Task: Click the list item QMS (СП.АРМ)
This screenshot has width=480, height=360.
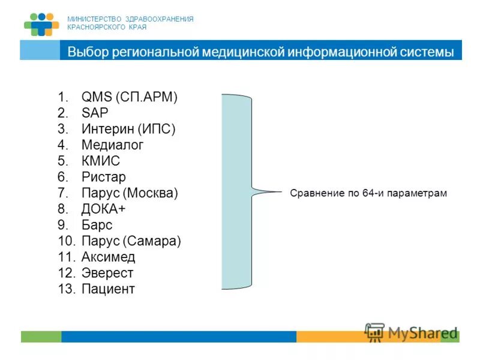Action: point(130,97)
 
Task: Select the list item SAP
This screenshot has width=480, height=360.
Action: point(95,113)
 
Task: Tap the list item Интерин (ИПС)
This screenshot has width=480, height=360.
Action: point(128,129)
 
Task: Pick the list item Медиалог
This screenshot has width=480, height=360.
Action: point(112,145)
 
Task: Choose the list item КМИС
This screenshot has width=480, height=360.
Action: point(101,161)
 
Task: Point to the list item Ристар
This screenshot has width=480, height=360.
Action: point(104,177)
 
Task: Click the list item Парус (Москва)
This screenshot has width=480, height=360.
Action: point(130,193)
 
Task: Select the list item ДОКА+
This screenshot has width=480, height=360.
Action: point(104,209)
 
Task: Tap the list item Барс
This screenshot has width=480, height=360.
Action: point(97,225)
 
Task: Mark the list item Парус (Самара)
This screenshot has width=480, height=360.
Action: point(131,241)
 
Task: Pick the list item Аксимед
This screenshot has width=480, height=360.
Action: point(108,257)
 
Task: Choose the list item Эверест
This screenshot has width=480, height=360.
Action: point(107,273)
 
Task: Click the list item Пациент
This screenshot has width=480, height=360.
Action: point(108,289)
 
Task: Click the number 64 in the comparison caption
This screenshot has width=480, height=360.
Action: point(368,193)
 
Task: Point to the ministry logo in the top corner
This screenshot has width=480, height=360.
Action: point(41,24)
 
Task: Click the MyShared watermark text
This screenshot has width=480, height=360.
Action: point(422,333)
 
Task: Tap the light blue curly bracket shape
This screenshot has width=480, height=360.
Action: point(237,192)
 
